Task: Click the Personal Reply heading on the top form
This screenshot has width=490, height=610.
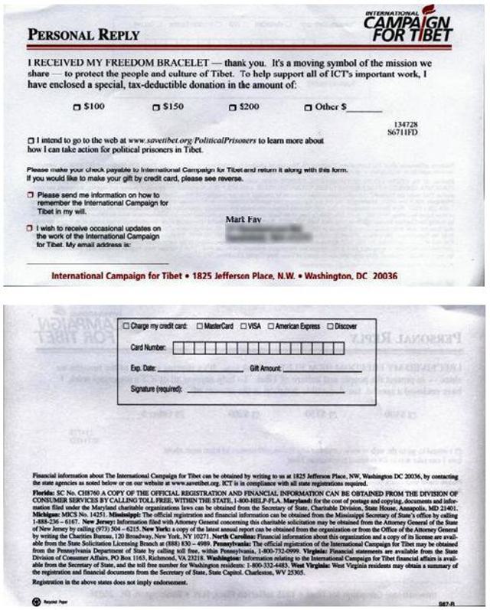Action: (x=83, y=35)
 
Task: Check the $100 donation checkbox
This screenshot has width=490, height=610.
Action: (x=77, y=108)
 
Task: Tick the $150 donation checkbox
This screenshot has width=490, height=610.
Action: (x=153, y=108)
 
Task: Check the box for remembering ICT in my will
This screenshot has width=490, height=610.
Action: (x=30, y=196)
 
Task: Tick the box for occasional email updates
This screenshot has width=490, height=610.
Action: (x=30, y=228)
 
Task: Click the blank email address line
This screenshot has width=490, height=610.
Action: (x=77, y=262)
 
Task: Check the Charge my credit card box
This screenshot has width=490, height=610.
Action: (x=127, y=327)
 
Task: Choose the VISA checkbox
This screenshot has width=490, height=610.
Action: (x=243, y=327)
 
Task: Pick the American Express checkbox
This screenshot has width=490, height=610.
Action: (x=272, y=327)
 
